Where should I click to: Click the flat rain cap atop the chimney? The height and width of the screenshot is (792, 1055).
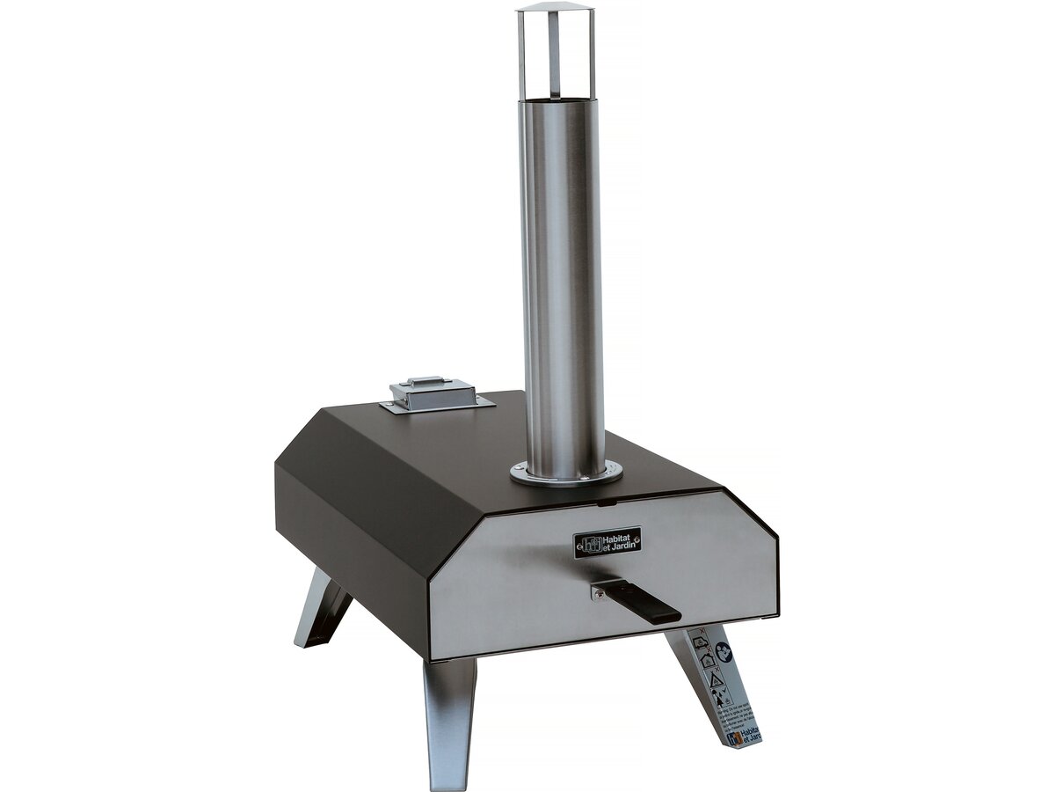click(555, 7)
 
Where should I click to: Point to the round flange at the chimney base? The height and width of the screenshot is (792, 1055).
click(566, 474)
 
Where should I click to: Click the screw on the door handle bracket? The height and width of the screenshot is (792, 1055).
click(600, 594)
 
